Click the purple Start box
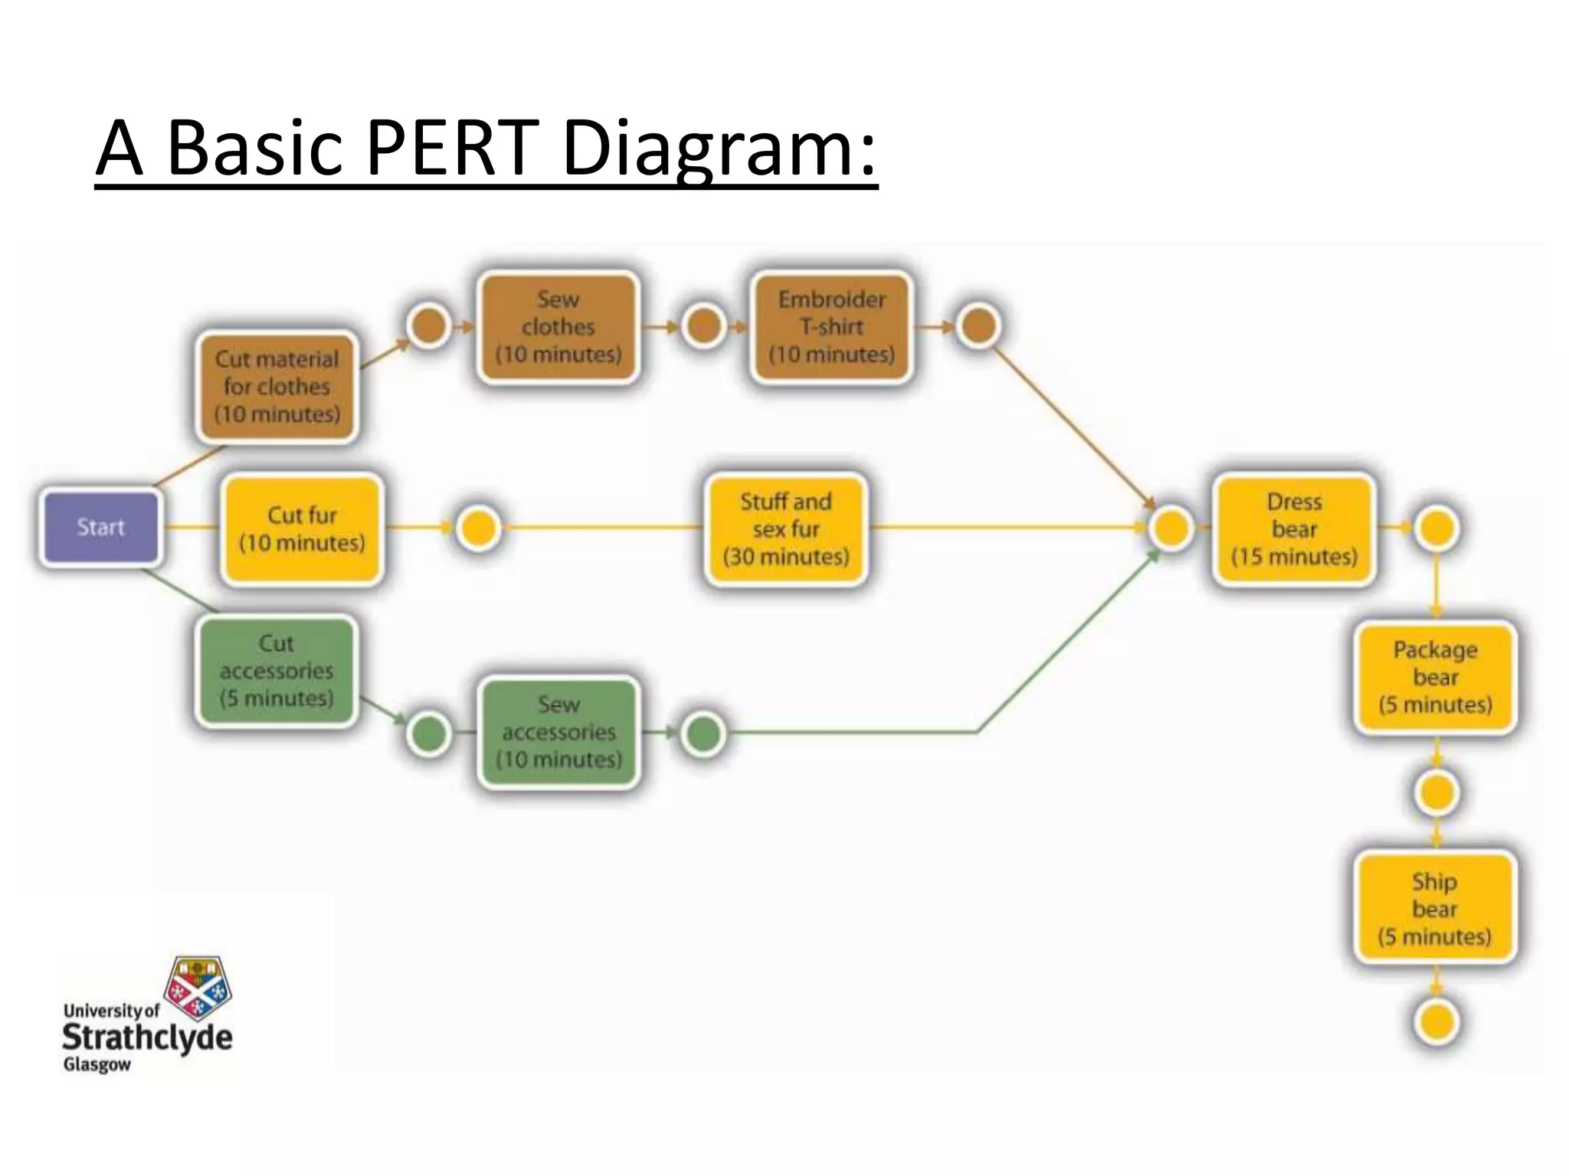(x=100, y=528)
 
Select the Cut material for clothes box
(x=277, y=387)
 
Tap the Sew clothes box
(x=558, y=327)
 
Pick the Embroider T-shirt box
(x=832, y=327)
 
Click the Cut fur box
(x=302, y=528)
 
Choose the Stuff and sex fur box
(x=785, y=529)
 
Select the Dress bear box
(x=1294, y=529)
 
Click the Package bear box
(x=1435, y=678)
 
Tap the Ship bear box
(x=1434, y=909)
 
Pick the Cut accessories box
(x=277, y=671)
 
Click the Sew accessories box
(x=558, y=732)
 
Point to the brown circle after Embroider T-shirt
(x=978, y=327)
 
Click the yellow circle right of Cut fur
(x=478, y=528)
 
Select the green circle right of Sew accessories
(x=703, y=733)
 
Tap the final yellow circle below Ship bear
(x=1436, y=1022)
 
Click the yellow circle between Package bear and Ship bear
(x=1436, y=792)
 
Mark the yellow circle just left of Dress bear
(x=1171, y=528)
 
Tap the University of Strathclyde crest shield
(x=199, y=988)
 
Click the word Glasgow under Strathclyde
(x=97, y=1065)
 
